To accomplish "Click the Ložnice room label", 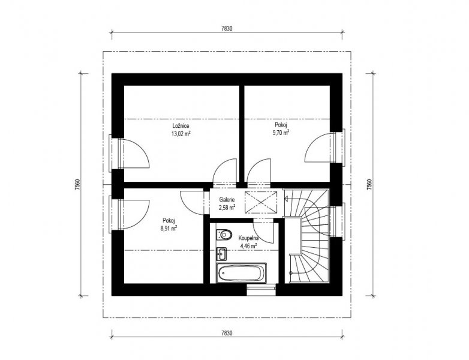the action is [x=181, y=126].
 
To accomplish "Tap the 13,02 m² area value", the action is [x=181, y=133].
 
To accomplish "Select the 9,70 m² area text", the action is [x=281, y=132].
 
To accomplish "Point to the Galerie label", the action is [x=227, y=199].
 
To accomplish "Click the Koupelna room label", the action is [x=248, y=239].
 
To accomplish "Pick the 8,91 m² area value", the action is [x=169, y=229].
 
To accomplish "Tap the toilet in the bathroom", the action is [x=224, y=235].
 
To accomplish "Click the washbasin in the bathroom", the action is [x=221, y=254].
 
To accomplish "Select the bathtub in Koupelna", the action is [x=242, y=273].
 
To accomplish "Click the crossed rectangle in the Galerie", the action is [x=261, y=202].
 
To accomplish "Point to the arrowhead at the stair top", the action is [x=287, y=198].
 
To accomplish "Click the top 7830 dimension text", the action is [x=227, y=29].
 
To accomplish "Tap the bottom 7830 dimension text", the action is [x=227, y=333].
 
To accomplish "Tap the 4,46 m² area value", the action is [x=248, y=246].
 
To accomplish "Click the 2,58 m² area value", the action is [x=227, y=207].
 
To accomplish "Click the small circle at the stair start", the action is [x=291, y=272].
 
